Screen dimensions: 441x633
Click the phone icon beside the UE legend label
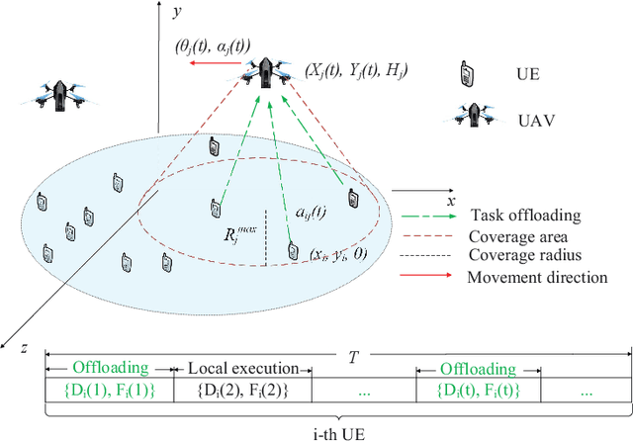[x=464, y=73]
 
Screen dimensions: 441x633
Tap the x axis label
[x=451, y=201]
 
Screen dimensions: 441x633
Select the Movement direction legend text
[x=537, y=277]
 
